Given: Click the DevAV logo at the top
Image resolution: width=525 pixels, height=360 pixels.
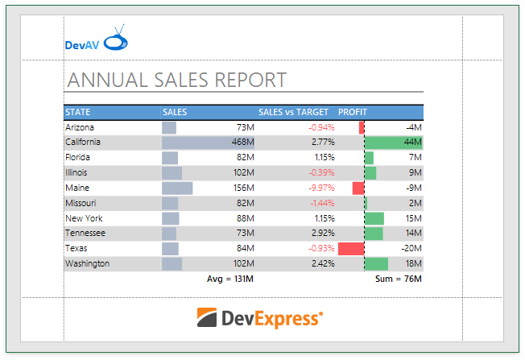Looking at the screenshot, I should point(95,42).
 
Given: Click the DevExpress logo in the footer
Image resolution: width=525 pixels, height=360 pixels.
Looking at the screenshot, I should point(260,318).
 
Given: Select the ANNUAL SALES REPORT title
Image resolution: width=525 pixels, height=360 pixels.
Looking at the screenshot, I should point(177,80).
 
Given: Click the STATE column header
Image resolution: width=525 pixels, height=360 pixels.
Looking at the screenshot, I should point(78,112).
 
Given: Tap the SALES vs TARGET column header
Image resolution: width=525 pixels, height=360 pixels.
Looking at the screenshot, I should point(293,112).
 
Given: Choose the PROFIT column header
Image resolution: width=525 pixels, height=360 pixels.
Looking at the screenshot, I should point(353,112).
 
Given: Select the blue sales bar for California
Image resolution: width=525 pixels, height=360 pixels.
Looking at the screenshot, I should point(208,143).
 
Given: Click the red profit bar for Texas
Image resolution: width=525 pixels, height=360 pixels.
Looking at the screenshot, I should point(351,248).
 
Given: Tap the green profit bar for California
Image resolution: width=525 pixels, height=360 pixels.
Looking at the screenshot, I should point(394,143).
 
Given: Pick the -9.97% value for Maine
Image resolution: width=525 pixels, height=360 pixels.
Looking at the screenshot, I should point(321,188).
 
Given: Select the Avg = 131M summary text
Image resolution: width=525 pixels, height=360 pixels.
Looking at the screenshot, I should point(230,279).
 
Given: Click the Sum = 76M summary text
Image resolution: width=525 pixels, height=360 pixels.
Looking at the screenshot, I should point(399,279).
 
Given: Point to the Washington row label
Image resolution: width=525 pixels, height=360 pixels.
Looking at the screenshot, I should point(88,263).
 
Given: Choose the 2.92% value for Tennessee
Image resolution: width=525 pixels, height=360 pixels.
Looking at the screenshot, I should point(323,234).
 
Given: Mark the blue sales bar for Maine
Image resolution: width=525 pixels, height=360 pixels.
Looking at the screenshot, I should point(177,188).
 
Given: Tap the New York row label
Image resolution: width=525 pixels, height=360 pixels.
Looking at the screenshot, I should point(84,218).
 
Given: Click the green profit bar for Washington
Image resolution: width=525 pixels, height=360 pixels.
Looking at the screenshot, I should point(376,263).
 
